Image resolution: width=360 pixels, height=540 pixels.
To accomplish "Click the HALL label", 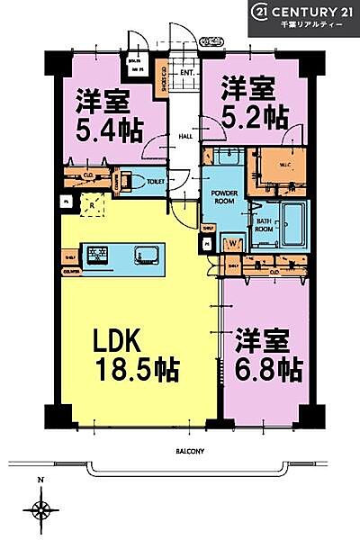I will (185, 137).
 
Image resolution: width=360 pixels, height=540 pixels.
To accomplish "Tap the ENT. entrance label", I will (187, 72).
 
